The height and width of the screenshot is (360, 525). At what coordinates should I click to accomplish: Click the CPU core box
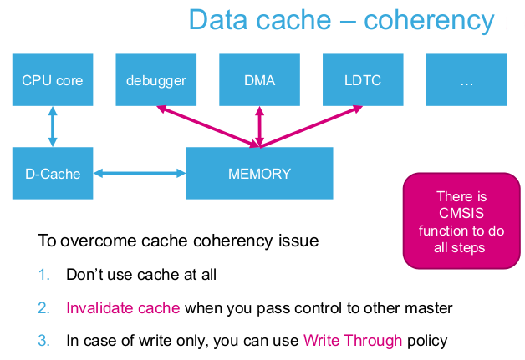[x=53, y=80]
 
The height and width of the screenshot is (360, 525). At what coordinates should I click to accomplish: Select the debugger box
[x=156, y=80]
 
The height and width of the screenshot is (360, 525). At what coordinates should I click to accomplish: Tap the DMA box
[x=259, y=80]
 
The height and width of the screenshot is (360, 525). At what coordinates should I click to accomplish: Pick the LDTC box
[x=363, y=80]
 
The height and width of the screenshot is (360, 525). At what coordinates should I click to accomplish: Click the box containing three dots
[x=466, y=80]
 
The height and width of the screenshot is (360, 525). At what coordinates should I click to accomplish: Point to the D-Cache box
[x=53, y=173]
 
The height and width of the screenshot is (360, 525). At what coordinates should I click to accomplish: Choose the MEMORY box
[x=259, y=173]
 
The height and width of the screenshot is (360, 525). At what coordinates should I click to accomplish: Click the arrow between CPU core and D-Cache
[x=53, y=126]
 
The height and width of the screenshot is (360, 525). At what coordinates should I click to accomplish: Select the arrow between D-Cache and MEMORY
[x=140, y=173]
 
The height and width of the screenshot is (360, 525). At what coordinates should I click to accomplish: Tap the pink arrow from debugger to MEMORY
[x=208, y=126]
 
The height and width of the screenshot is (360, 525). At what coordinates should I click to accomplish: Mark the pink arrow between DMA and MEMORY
[x=259, y=127]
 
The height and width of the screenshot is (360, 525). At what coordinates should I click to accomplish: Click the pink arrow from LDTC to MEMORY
[x=311, y=126]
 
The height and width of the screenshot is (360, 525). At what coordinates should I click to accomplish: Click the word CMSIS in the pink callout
[x=461, y=213]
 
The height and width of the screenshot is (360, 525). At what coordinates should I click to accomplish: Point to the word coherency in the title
[x=429, y=21]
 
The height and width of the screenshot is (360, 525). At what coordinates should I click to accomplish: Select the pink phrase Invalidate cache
[x=123, y=308]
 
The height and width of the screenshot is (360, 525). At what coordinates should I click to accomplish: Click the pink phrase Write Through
[x=353, y=341]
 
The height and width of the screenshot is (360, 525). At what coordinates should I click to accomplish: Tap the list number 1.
[x=43, y=275]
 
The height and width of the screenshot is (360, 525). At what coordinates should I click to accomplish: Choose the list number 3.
[x=43, y=341]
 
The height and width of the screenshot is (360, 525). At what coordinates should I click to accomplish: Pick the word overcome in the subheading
[x=98, y=241]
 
